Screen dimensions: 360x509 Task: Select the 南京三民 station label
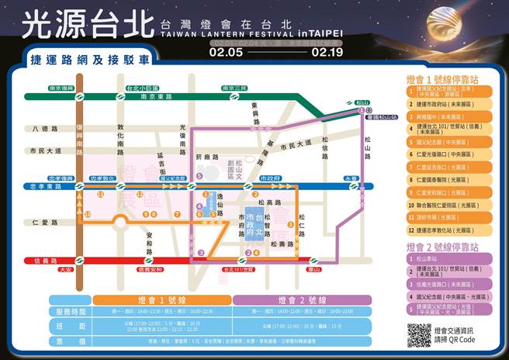coord(235,88)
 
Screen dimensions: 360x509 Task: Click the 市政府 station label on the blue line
coord(270,178)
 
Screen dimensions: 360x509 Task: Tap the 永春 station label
coord(351,178)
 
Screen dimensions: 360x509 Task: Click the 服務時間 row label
coord(70,311)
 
